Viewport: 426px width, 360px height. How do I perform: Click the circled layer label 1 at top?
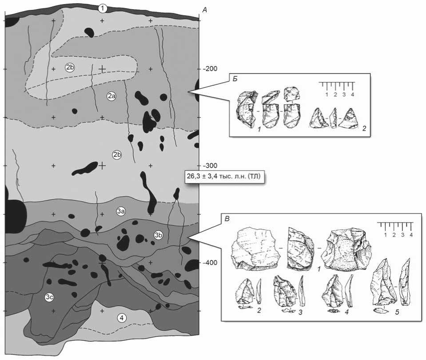[x=103, y=8]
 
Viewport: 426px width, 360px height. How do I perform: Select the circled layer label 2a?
[x=111, y=96]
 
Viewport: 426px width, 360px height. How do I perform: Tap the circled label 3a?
[x=121, y=211]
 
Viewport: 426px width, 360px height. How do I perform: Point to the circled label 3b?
[x=158, y=235]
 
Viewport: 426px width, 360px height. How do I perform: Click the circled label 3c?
[x=50, y=298]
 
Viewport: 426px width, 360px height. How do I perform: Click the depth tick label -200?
[x=210, y=69]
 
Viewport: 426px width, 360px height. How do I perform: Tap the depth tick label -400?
[x=210, y=262]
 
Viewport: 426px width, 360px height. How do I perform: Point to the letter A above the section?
[x=204, y=9]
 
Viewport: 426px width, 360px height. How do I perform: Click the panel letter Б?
[x=234, y=79]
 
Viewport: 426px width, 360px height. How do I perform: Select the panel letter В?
[x=227, y=218]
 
